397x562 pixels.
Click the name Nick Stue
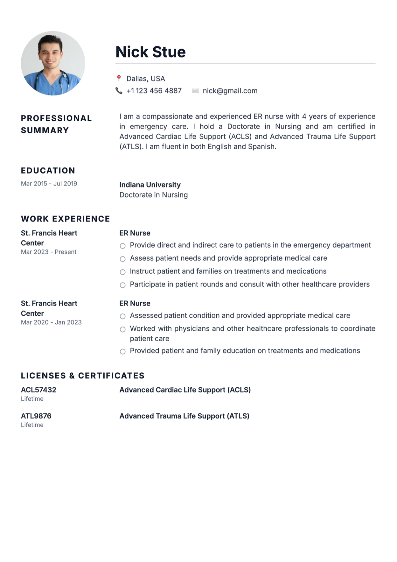click(150, 52)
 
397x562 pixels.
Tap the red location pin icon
click(119, 78)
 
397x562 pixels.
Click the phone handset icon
click(119, 91)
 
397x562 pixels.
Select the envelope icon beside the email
click(195, 91)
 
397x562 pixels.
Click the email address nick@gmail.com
click(230, 91)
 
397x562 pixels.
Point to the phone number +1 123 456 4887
click(154, 91)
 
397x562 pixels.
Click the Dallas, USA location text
click(146, 79)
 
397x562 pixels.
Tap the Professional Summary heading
click(56, 124)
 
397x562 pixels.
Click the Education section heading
click(48, 171)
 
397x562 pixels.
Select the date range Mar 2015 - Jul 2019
click(49, 184)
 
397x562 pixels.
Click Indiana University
click(150, 185)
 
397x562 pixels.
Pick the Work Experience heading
click(66, 219)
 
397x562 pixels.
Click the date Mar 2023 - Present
click(49, 252)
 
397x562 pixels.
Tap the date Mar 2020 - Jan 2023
click(51, 322)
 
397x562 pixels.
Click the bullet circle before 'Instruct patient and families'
click(122, 272)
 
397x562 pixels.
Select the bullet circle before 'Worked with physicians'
click(122, 329)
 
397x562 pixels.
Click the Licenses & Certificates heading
click(83, 376)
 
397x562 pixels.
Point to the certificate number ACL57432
click(38, 390)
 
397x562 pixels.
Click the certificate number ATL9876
click(36, 416)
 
